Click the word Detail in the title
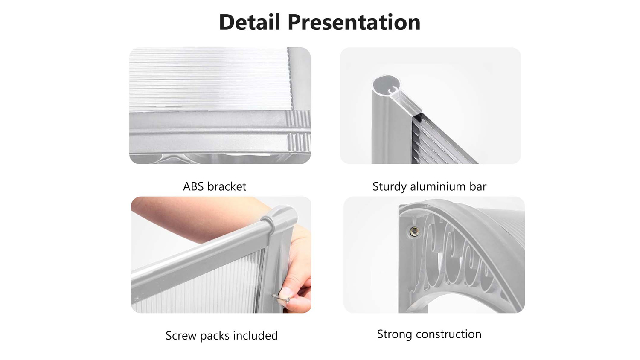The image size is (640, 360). (250, 22)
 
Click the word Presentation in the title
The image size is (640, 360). (354, 23)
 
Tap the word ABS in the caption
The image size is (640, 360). (193, 186)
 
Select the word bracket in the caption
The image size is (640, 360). (227, 186)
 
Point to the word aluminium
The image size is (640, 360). (438, 186)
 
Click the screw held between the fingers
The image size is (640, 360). (281, 298)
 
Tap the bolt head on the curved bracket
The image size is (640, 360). (414, 232)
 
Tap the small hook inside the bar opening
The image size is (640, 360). (393, 90)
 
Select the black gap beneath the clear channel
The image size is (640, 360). (418, 116)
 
